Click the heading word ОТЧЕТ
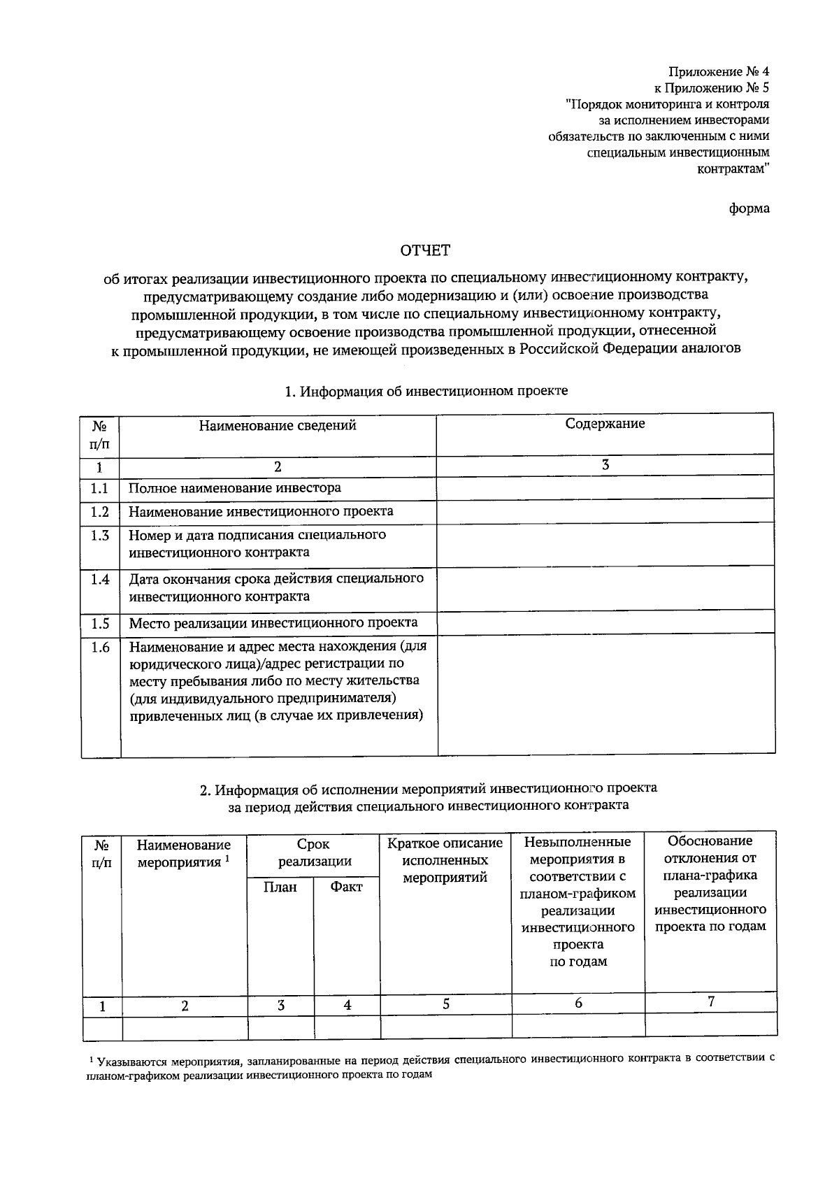pyautogui.click(x=425, y=250)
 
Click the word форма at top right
pyautogui.click(x=749, y=208)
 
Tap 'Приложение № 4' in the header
pyautogui.click(x=719, y=71)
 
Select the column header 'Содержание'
pyautogui.click(x=605, y=424)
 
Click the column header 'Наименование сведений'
pyautogui.click(x=278, y=425)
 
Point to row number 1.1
pyautogui.click(x=100, y=488)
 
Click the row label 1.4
pyautogui.click(x=100, y=580)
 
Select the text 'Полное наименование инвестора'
pyautogui.click(x=235, y=488)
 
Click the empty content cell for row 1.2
pyautogui.click(x=605, y=512)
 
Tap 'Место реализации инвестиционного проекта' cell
pyautogui.click(x=273, y=622)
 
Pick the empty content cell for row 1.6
pyautogui.click(x=606, y=694)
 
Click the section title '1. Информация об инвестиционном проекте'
pyautogui.click(x=426, y=391)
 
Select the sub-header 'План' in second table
pyautogui.click(x=280, y=887)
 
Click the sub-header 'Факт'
pyautogui.click(x=347, y=887)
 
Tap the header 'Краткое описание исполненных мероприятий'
pyautogui.click(x=445, y=860)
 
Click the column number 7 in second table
pyautogui.click(x=711, y=1002)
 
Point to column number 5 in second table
pyautogui.click(x=446, y=1004)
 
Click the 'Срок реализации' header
pyautogui.click(x=314, y=853)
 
